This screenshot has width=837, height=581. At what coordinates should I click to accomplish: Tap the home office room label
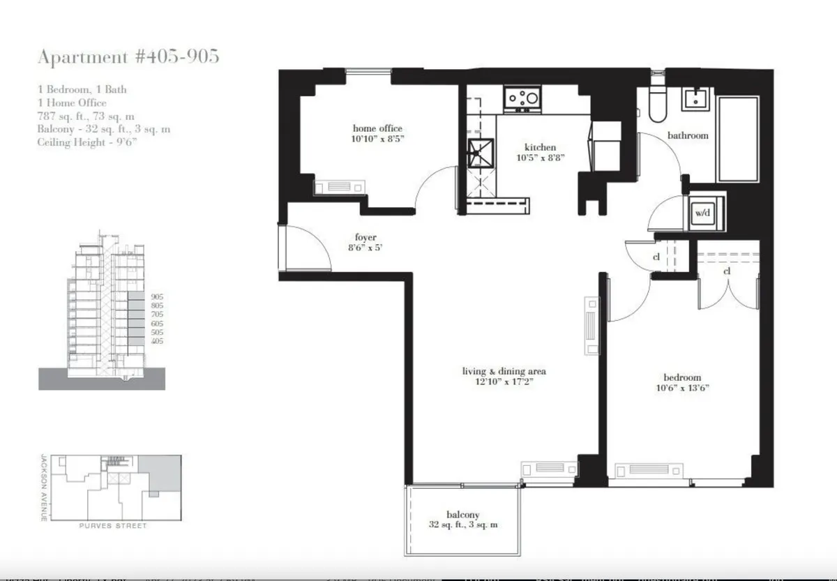[x=377, y=128]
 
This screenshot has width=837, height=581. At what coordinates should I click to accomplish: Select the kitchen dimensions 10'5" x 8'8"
[x=540, y=158]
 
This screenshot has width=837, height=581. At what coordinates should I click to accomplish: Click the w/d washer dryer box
[x=701, y=213]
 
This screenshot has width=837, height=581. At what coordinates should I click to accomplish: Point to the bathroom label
[x=688, y=135]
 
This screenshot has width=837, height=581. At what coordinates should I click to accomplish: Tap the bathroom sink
[x=695, y=100]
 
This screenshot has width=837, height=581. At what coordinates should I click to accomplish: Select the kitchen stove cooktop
[x=522, y=99]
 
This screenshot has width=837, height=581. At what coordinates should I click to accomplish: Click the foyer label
[x=365, y=238]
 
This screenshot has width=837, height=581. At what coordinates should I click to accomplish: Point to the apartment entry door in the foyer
[x=303, y=248]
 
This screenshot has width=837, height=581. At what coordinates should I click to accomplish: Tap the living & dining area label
[x=504, y=371]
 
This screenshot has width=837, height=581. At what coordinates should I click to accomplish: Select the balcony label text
[x=463, y=515]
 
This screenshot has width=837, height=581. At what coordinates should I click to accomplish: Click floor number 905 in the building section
[x=156, y=296]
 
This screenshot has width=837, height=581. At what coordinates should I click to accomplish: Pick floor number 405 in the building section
[x=156, y=341]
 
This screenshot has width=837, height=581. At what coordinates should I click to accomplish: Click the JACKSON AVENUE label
[x=43, y=488]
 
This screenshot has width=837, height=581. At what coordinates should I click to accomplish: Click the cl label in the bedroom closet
[x=727, y=271]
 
